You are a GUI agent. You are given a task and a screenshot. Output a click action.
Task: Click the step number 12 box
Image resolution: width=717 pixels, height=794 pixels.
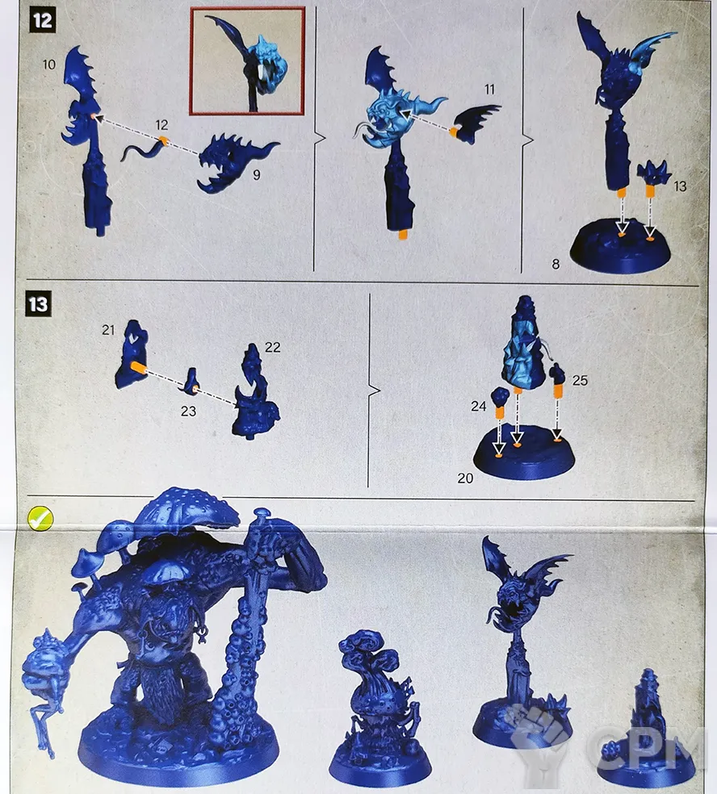coord(42,21)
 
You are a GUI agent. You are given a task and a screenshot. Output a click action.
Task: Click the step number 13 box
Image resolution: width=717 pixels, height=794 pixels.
coord(39,304)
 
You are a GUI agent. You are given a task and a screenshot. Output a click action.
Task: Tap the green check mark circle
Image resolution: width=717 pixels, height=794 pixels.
coord(40,518)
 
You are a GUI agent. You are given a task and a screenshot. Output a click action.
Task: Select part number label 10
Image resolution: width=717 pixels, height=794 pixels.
coord(49,65)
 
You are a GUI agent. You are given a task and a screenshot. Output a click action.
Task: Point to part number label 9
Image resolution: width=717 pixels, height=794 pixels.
coord(257,175)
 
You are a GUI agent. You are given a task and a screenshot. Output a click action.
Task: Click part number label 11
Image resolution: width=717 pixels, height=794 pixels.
coord(489,90)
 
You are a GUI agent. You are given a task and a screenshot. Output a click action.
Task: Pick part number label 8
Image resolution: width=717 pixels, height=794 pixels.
coord(556,265)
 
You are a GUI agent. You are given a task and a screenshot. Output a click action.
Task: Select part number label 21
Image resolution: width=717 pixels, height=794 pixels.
coord(108,330)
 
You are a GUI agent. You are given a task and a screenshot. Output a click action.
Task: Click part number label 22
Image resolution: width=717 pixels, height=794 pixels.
coord(273,347)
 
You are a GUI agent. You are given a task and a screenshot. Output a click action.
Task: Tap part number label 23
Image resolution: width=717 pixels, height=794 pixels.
coord(188,412)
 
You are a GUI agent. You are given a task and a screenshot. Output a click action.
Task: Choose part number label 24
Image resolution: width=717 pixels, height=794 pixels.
coord(478,406)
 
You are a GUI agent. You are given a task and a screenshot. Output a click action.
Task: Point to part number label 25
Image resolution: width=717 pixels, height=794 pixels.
coord(580,381)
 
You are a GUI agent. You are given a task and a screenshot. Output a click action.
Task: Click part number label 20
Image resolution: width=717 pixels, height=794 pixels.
coord(465,478)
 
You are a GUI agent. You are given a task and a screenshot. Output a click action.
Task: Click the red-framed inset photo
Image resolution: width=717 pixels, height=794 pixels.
coord(248,61)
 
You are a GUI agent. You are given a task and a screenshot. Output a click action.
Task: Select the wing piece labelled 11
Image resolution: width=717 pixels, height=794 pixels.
coord(476,123)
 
